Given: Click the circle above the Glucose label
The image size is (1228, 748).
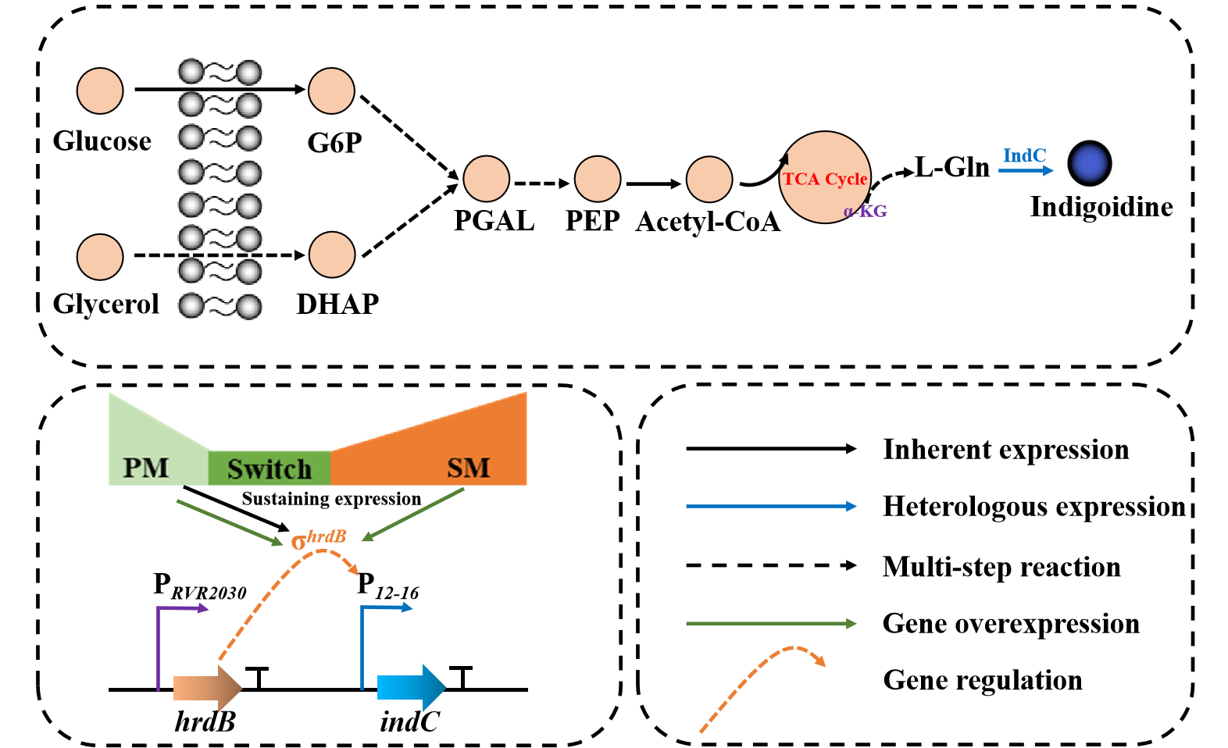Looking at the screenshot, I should pyautogui.click(x=100, y=91).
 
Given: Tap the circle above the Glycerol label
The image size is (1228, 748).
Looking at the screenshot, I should pyautogui.click(x=100, y=257).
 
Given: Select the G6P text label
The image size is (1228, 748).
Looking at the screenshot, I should pyautogui.click(x=334, y=143).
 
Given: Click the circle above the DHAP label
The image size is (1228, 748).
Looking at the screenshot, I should pyautogui.click(x=332, y=255).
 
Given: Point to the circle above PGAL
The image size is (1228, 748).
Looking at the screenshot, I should pyautogui.click(x=486, y=179).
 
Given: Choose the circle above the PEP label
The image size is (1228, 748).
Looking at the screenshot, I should pyautogui.click(x=597, y=179).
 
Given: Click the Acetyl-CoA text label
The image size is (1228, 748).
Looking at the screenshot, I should pyautogui.click(x=708, y=222).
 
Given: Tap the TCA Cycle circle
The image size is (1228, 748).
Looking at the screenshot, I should pyautogui.click(x=825, y=178).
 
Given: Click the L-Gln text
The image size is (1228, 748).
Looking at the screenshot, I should pyautogui.click(x=952, y=167).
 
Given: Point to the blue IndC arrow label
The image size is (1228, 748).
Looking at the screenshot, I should pyautogui.click(x=1024, y=156).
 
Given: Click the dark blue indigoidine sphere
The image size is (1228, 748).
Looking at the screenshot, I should pyautogui.click(x=1089, y=163).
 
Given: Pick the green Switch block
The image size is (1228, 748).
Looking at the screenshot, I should pyautogui.click(x=269, y=468).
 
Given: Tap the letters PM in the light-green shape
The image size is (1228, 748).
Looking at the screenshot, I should pyautogui.click(x=146, y=468).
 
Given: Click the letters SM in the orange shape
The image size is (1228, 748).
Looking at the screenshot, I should pyautogui.click(x=468, y=468).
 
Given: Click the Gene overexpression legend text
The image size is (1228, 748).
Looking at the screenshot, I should pyautogui.click(x=1011, y=624).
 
